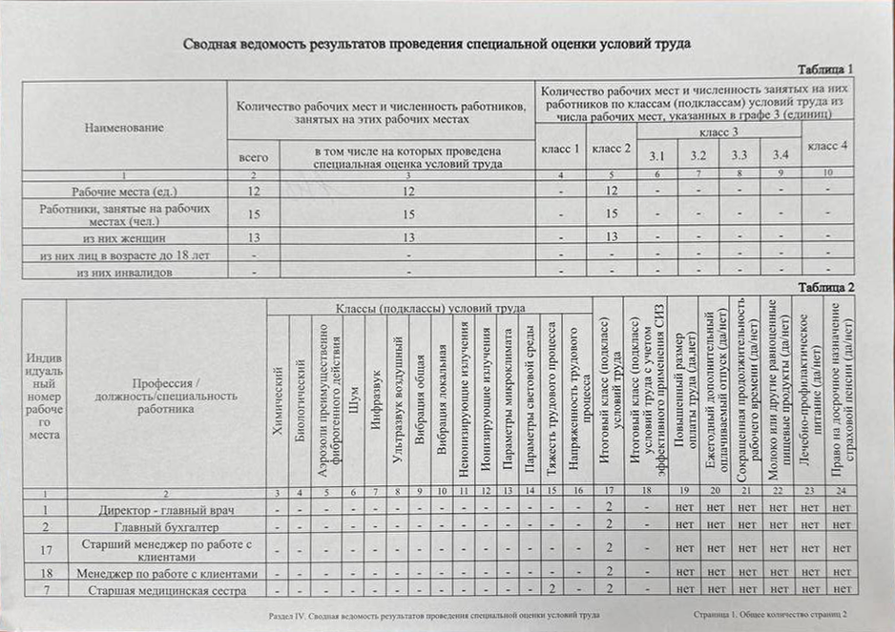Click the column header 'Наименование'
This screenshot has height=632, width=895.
pyautogui.click(x=124, y=127)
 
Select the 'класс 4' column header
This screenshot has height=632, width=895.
pyautogui.click(x=827, y=146)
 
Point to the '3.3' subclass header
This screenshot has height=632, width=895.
pyautogui.click(x=739, y=154)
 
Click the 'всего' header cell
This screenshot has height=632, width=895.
pyautogui.click(x=253, y=156)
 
